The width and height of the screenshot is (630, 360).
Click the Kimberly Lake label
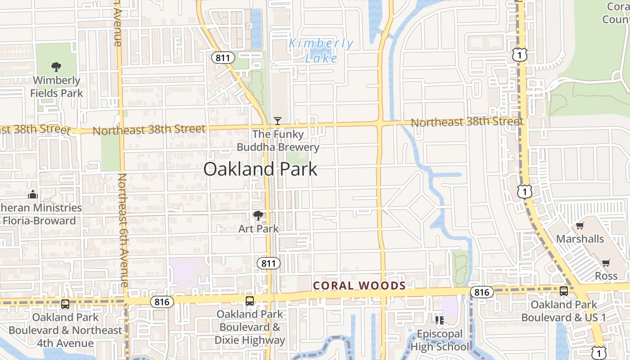pos(321,50)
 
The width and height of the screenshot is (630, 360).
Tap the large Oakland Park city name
pos(260,169)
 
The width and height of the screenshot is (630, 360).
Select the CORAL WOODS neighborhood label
pos(359,285)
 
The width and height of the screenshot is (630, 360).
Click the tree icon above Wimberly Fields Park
pos(56,67)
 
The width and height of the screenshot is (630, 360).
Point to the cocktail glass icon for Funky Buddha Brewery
pos(278,121)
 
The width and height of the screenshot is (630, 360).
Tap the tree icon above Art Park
pos(258,216)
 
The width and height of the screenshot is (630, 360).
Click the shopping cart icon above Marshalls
pos(580,225)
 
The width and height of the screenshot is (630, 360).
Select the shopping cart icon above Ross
pos(606,263)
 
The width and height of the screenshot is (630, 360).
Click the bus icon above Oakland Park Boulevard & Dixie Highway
pos(250,301)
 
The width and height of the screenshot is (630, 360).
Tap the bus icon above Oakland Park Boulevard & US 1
pos(564,291)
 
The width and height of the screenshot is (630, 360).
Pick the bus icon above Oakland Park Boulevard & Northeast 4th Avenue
pos(65,304)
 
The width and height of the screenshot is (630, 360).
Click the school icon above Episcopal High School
pos(440,320)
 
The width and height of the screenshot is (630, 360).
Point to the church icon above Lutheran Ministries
pos(33,194)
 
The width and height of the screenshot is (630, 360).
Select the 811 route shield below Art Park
pos(269,263)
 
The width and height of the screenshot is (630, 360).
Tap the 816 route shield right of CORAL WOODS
pos(481,292)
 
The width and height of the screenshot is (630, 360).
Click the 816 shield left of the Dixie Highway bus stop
pos(162,301)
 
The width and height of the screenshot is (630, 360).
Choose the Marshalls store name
pos(580,238)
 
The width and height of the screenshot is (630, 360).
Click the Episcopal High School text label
pos(440,340)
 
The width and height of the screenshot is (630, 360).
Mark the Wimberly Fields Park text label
pos(57,87)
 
